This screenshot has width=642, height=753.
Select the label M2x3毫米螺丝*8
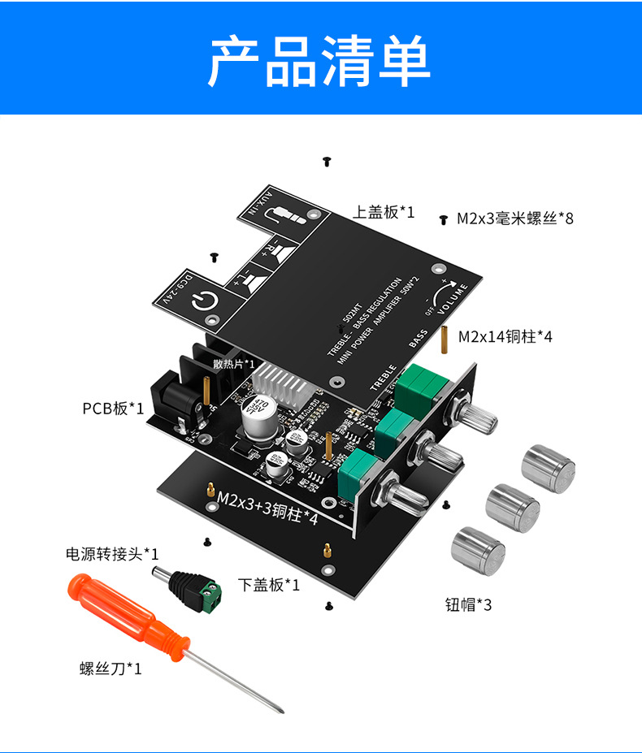(514, 218)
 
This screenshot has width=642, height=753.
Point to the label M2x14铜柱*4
(505, 336)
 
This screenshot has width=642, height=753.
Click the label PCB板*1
(113, 408)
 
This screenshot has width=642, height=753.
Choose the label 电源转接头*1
(112, 554)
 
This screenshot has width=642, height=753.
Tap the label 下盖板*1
(269, 584)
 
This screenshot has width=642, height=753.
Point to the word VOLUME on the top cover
(453, 300)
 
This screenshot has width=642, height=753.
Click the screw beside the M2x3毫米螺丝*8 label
(444, 219)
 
